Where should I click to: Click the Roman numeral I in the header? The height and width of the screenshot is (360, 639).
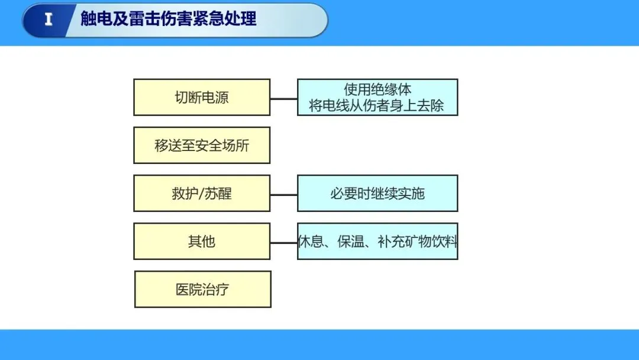(49, 20)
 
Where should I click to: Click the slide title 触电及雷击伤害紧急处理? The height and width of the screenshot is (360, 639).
(169, 19)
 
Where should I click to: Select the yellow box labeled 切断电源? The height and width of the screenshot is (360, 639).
(202, 97)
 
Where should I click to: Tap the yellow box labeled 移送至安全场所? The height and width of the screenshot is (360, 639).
(202, 145)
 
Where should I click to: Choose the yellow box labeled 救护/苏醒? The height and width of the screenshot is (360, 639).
(202, 194)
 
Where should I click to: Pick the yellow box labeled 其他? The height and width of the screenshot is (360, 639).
(202, 242)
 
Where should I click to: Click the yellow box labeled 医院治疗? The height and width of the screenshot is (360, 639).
(202, 290)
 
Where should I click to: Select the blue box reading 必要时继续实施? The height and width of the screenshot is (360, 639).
(377, 194)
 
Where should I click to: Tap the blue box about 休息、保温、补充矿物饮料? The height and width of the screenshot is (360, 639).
(377, 242)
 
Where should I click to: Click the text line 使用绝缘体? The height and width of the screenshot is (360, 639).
(377, 89)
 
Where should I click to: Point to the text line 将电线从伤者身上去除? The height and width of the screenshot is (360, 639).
(377, 106)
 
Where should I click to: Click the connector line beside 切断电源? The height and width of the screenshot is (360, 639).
(283, 98)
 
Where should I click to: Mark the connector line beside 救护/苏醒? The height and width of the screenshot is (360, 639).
(283, 194)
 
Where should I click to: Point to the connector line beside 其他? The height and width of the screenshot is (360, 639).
(283, 242)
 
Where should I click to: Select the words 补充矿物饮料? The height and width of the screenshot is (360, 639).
(417, 242)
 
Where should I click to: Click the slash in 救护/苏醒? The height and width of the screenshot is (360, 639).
(201, 194)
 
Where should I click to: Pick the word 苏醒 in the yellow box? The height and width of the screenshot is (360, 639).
(218, 194)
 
